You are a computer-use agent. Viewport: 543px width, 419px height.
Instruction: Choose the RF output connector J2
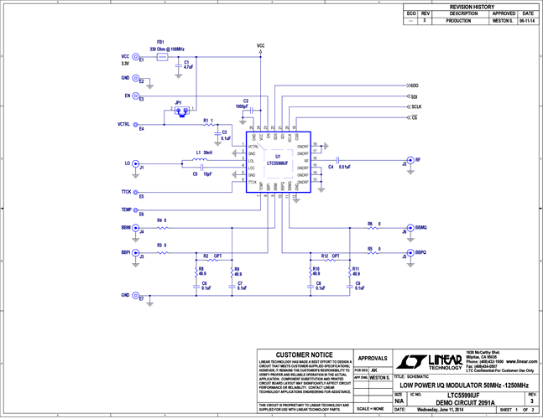[408, 159]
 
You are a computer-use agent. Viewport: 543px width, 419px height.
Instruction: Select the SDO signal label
[413, 85]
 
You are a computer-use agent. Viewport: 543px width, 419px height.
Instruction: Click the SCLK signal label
[415, 107]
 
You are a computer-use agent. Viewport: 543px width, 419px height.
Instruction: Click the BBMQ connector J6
[407, 227]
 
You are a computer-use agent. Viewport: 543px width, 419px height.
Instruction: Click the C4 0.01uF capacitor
[337, 159]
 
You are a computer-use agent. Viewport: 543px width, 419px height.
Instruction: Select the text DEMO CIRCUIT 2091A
[468, 401]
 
